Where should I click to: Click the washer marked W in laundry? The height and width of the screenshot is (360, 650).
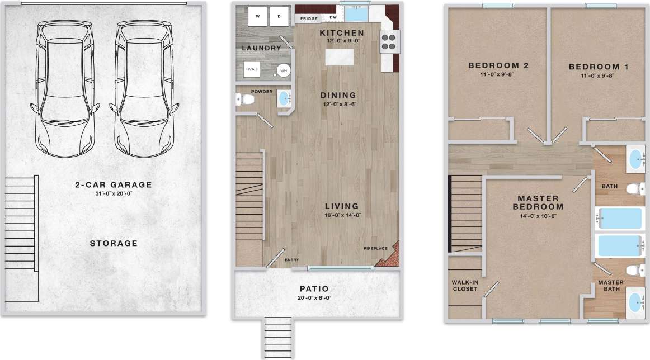pyautogui.click(x=258, y=17)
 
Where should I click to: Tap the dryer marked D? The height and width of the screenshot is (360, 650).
pyautogui.click(x=279, y=17)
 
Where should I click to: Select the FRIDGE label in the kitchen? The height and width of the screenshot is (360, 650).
pyautogui.click(x=309, y=18)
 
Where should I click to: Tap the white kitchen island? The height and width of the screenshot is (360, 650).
pyautogui.click(x=341, y=57)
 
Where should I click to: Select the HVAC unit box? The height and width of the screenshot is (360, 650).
pyautogui.click(x=252, y=70)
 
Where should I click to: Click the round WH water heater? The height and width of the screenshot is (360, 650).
pyautogui.click(x=283, y=71)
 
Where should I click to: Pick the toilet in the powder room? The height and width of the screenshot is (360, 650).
pyautogui.click(x=245, y=100)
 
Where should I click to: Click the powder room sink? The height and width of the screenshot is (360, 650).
pyautogui.click(x=284, y=99)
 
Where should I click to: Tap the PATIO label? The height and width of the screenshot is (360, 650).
pyautogui.click(x=313, y=289)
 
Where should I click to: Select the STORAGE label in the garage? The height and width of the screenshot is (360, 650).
pyautogui.click(x=114, y=243)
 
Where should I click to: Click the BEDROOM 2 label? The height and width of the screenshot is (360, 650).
pyautogui.click(x=498, y=65)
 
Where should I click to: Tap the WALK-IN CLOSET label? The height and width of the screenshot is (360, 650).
pyautogui.click(x=465, y=285)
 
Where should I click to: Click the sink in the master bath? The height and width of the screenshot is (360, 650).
pyautogui.click(x=635, y=302)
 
